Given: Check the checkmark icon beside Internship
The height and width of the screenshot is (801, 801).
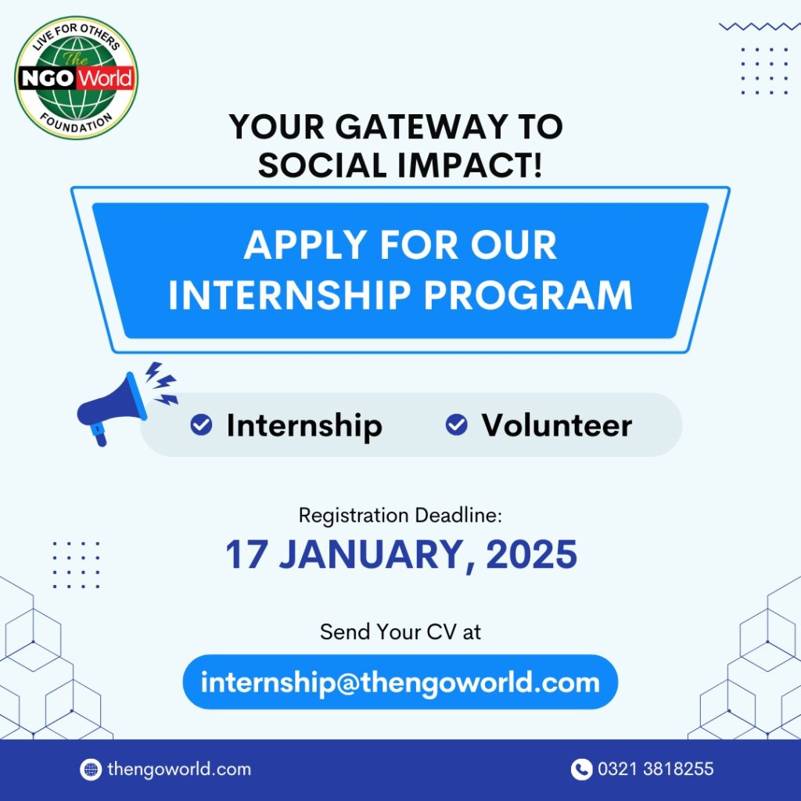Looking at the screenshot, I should click(202, 425).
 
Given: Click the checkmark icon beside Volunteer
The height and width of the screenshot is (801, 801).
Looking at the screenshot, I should click(456, 425).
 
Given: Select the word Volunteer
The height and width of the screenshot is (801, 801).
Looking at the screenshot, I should click(556, 425).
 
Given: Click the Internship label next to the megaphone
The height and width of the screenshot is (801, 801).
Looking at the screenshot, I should click(304, 426).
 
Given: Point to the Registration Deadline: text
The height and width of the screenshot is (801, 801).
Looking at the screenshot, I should click(400, 515).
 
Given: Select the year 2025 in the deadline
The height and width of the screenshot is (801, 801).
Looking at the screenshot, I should click(531, 555).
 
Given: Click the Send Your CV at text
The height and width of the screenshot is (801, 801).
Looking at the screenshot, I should click(400, 631).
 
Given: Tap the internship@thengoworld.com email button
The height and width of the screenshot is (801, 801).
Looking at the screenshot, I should click(400, 682).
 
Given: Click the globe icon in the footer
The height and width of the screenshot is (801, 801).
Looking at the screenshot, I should click(91, 770).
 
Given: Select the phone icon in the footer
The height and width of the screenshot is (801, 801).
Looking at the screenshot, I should click(581, 770).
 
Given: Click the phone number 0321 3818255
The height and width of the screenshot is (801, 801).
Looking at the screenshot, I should click(656, 770).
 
